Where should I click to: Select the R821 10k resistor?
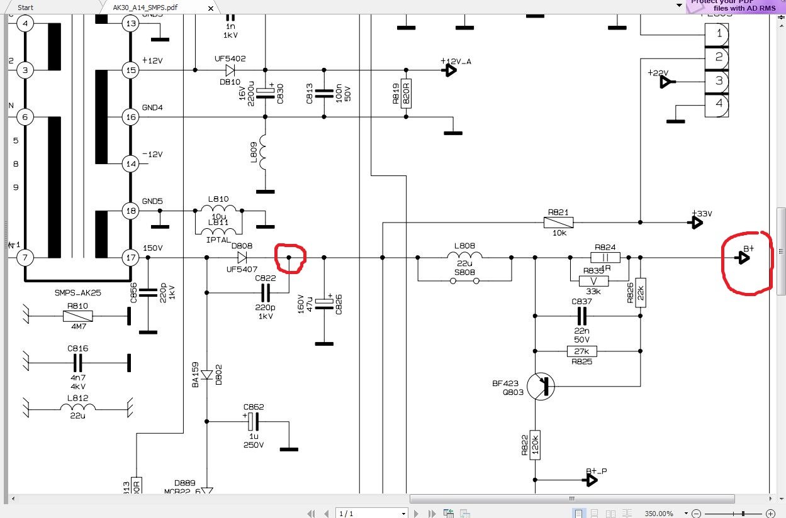pyautogui.click(x=559, y=222)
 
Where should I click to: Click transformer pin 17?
pyautogui.click(x=131, y=257)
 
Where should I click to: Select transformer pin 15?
pyautogui.click(x=131, y=70)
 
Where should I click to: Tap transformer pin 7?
pyautogui.click(x=25, y=257)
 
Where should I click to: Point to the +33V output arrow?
pyautogui.click(x=697, y=222)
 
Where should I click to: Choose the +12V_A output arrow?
pyautogui.click(x=450, y=70)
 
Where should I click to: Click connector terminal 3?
pyautogui.click(x=718, y=80)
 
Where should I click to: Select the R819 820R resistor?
pyautogui.click(x=406, y=94)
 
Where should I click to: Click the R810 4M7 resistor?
pyautogui.click(x=79, y=316)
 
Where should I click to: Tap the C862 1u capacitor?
pyautogui.click(x=254, y=422)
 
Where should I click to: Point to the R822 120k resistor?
pyautogui.click(x=535, y=444)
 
